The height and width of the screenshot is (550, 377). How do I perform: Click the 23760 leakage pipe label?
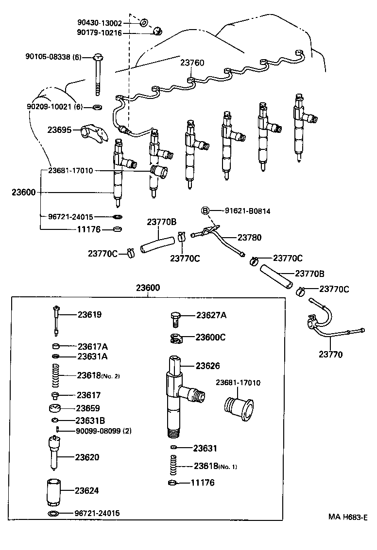click(x=192, y=63)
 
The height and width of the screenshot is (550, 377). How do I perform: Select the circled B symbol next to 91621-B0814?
click(x=206, y=210)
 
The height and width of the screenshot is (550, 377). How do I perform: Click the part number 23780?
click(x=249, y=238)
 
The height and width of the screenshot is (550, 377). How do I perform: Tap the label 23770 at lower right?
click(x=330, y=355)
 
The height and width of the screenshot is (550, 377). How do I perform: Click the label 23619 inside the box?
click(x=90, y=314)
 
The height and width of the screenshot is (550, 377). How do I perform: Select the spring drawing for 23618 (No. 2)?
click(x=57, y=375)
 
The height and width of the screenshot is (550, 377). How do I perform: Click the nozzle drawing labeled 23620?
click(x=54, y=453)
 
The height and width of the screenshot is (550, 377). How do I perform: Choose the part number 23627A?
click(x=211, y=315)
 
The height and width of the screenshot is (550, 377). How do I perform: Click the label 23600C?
click(x=210, y=337)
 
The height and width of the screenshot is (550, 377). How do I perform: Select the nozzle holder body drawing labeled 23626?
click(x=177, y=395)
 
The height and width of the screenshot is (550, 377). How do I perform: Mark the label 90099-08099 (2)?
click(x=103, y=431)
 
